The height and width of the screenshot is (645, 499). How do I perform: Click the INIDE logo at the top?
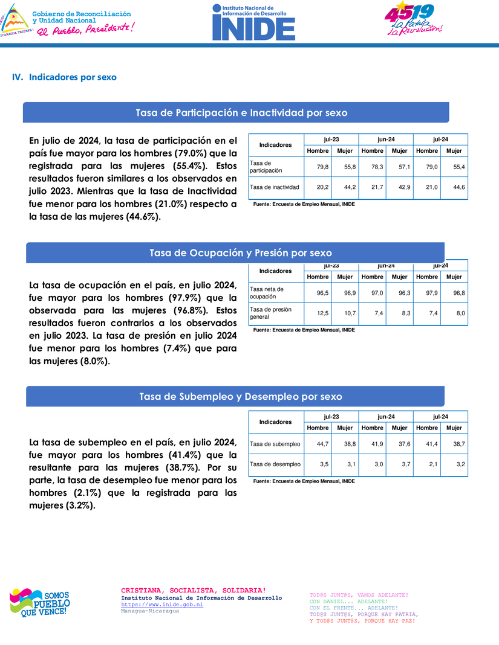(x=253, y=22)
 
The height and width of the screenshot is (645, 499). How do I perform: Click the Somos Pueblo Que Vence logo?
(x=39, y=602)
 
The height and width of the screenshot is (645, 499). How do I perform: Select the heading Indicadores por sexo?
(x=73, y=77)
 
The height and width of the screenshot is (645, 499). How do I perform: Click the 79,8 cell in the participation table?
(x=322, y=167)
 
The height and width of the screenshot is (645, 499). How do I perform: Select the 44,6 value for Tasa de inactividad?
(x=458, y=187)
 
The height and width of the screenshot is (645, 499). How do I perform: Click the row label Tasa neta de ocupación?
(x=267, y=293)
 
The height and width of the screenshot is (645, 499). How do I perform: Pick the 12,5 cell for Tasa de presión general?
(x=322, y=313)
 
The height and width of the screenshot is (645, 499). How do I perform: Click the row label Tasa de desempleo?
(x=275, y=464)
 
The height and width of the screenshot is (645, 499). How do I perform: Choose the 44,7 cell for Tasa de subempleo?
(x=322, y=444)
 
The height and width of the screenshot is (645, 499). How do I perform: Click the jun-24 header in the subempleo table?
(x=386, y=417)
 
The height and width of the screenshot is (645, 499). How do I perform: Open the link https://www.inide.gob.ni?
(x=162, y=605)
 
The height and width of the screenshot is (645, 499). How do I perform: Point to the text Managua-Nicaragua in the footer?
(x=150, y=611)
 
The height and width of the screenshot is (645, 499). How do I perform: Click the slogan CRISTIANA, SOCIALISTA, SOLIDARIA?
(x=193, y=590)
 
